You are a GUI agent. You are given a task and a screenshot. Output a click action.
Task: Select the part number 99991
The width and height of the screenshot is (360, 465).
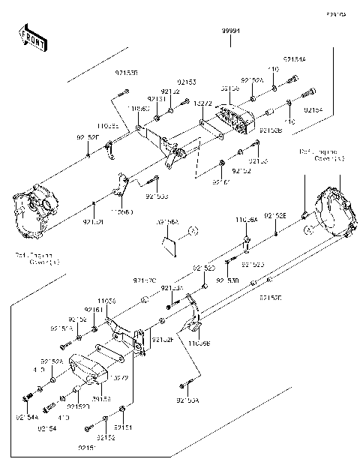point(231,30)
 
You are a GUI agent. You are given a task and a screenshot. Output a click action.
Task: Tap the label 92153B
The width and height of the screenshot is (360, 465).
point(127,73)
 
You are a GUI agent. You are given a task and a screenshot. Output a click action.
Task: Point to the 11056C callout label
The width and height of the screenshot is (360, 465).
point(138,109)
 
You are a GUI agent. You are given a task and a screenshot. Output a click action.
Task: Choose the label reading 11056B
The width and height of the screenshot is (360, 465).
point(199,343)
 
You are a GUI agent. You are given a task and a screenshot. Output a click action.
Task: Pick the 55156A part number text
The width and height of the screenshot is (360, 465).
point(167,223)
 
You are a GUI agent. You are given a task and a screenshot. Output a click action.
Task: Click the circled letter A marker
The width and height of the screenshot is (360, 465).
point(192,230)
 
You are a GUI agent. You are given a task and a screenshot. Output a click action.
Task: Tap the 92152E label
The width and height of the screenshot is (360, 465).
point(274,216)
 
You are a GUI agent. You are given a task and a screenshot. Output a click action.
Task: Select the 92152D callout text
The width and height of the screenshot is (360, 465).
point(271,298)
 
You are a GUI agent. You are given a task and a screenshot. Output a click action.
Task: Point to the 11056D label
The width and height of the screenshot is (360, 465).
point(121,212)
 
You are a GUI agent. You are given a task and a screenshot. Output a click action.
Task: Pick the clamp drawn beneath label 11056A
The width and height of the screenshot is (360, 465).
point(246,242)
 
